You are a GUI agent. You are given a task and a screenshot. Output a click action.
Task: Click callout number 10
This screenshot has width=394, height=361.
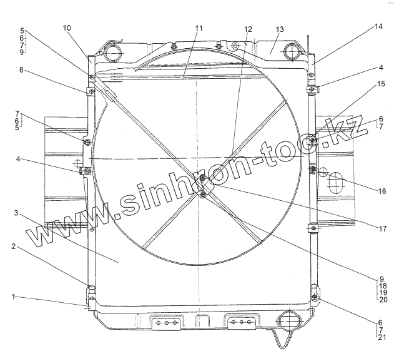pyautogui.click(x=67, y=28)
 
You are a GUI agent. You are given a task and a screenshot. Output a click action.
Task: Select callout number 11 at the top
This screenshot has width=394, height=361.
pyautogui.click(x=199, y=28)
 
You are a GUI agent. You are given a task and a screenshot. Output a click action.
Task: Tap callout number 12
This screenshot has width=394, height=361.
pyautogui.click(x=248, y=29)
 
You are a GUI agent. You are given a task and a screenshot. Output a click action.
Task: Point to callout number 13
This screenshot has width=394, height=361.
pyautogui.click(x=279, y=29)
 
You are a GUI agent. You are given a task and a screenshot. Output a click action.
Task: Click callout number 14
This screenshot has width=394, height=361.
pyautogui.click(x=378, y=26)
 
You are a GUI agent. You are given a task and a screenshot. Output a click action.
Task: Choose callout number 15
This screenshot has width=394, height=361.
pyautogui.click(x=381, y=84)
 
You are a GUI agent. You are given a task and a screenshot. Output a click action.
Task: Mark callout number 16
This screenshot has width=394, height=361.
pyautogui.click(x=382, y=191)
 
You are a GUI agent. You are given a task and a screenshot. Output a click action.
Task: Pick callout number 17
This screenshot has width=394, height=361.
pyautogui.click(x=382, y=228)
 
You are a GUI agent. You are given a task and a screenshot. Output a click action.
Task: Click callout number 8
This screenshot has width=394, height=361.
pyautogui.click(x=21, y=69)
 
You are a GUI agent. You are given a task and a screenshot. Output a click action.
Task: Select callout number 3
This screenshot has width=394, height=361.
pyautogui.click(x=16, y=213)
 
